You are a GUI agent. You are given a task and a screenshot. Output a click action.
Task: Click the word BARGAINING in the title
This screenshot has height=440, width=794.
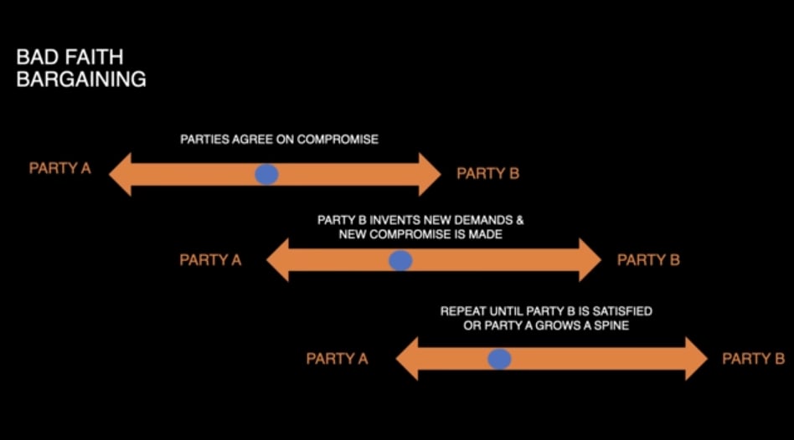click(81, 80)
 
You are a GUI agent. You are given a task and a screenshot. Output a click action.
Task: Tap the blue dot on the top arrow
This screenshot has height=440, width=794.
click(266, 174)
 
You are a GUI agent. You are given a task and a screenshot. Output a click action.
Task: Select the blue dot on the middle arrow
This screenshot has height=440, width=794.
click(401, 260)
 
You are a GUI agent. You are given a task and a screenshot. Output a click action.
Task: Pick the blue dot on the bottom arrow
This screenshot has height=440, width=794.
click(499, 359)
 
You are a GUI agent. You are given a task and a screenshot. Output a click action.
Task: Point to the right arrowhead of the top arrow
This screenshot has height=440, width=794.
click(429, 174)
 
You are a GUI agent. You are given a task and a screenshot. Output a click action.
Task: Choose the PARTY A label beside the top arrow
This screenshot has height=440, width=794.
click(59, 168)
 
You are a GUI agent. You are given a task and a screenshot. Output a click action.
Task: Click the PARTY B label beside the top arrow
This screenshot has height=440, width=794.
click(487, 174)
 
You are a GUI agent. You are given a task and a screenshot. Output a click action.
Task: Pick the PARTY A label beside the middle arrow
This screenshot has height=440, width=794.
click(210, 260)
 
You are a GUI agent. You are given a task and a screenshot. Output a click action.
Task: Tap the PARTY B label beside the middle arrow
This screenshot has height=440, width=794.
click(648, 260)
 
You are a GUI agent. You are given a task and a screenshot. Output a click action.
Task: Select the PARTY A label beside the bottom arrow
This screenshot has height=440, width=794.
click(337, 359)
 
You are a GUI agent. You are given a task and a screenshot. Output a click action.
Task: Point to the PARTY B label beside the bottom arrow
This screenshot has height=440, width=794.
click(753, 359)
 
